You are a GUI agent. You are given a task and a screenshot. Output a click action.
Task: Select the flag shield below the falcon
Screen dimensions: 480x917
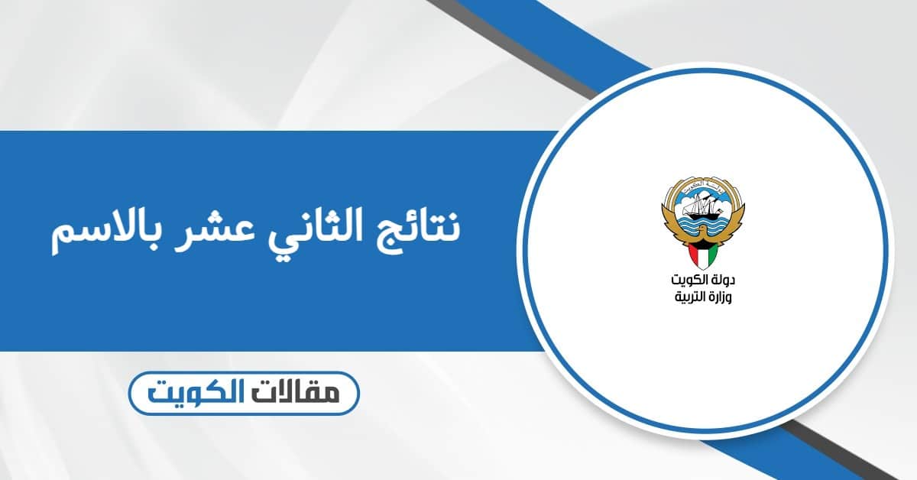702,253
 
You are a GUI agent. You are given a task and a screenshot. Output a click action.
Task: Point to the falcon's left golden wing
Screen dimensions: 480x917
669,218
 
